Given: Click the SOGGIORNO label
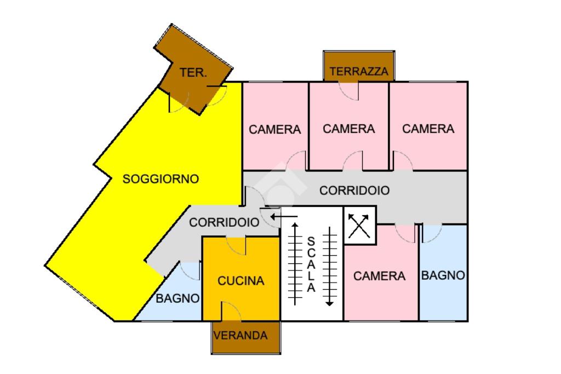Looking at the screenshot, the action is [161, 179].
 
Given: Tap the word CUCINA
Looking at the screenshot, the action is [241, 281].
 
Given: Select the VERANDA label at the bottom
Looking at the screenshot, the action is [241, 335].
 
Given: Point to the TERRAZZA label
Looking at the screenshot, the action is [359, 72].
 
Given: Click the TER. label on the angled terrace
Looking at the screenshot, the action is [193, 73].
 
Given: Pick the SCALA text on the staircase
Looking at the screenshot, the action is [311, 264].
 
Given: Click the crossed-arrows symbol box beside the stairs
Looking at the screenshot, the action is [359, 226].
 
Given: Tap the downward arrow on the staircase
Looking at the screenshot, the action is [329, 266].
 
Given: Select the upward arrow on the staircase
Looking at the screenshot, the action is [295, 264].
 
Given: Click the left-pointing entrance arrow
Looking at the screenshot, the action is [284, 217].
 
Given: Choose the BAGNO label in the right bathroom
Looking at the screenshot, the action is [443, 275].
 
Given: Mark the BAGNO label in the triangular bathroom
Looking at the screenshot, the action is [178, 298].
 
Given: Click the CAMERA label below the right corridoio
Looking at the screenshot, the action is [379, 276].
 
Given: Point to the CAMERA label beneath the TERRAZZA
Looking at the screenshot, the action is [349, 129].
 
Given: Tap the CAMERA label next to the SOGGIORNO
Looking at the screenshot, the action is [275, 129].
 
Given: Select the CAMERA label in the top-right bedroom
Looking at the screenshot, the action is [428, 129].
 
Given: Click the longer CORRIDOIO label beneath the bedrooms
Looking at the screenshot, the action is [354, 191].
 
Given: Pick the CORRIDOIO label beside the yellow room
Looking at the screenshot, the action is [224, 222].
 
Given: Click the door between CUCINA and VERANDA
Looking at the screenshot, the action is [231, 312].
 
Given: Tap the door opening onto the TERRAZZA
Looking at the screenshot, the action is [348, 91].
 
